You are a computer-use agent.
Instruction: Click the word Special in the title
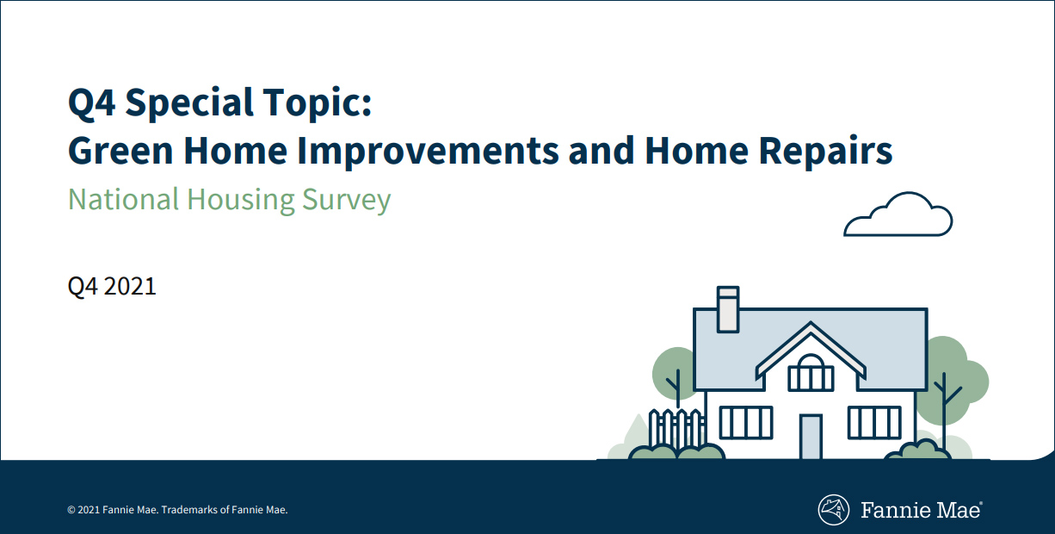[x=195, y=104]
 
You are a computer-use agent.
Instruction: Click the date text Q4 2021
[x=112, y=286]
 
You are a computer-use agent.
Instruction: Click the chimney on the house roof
[x=727, y=308]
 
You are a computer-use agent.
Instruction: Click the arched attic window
[x=811, y=373]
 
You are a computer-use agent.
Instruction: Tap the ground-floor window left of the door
[x=745, y=422]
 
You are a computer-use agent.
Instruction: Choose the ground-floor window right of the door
[x=874, y=422]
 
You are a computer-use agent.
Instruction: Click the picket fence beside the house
[x=676, y=428]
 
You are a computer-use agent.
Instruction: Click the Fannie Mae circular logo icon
[x=833, y=510]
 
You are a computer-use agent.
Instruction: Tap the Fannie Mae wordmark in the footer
[x=920, y=510]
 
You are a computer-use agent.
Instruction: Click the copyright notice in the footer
[x=177, y=510]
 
